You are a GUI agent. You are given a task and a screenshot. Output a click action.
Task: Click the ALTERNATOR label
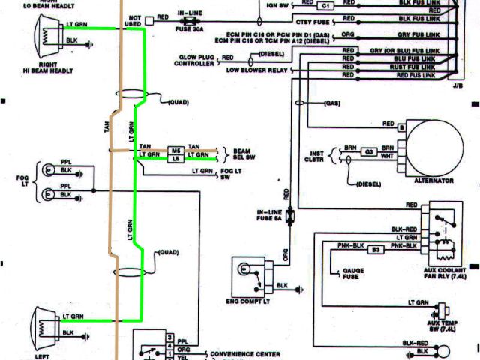(x=434, y=181)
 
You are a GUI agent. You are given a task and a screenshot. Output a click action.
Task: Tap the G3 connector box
(x=369, y=151)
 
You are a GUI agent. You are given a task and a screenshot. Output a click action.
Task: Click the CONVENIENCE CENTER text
(x=246, y=353)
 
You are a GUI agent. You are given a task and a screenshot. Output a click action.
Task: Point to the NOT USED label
(x=135, y=20)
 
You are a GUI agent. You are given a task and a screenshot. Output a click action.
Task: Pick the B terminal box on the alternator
(x=402, y=128)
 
